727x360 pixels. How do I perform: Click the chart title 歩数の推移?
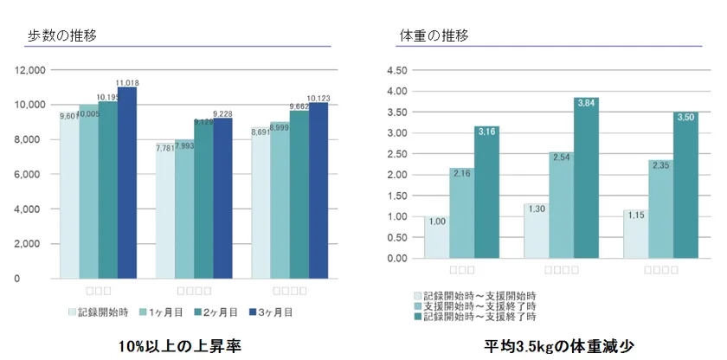[x=62, y=35]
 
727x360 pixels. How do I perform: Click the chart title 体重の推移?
[x=434, y=35]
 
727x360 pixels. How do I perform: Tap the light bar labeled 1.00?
[x=437, y=238]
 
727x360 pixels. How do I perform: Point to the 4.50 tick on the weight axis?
[x=396, y=70]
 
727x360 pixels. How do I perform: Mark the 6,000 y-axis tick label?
[x=33, y=174]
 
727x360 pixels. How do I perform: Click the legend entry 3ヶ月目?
[x=270, y=312]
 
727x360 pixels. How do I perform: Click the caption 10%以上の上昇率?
[x=179, y=344]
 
